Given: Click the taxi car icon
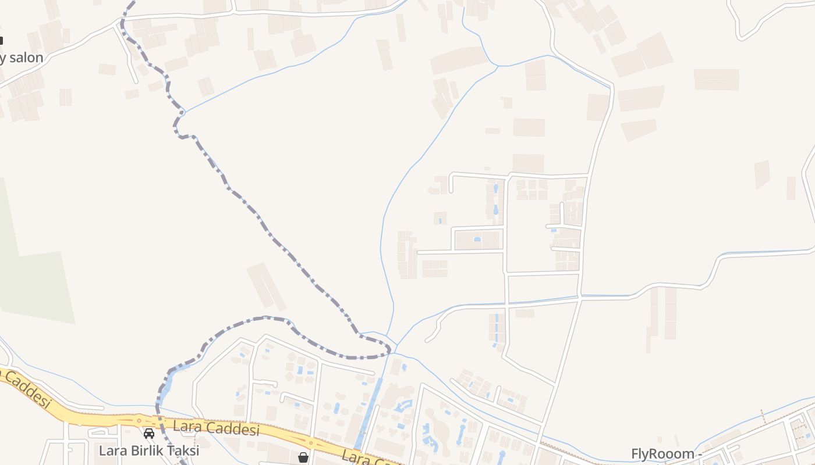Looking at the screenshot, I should (x=149, y=433).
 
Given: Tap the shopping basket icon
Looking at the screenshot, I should (x=303, y=457).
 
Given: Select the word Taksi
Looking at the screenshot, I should (x=184, y=450).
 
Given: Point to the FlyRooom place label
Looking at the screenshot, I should (x=662, y=453).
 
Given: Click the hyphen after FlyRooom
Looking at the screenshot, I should (x=700, y=454).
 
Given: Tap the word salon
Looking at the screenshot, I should (x=26, y=58).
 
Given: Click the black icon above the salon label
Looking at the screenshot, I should (x=1, y=40).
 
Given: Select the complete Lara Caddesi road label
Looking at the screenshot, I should (x=216, y=429).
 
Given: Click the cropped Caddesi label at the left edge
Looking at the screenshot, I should (x=27, y=391).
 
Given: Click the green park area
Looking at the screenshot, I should (x=35, y=285).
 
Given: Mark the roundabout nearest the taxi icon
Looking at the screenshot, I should (x=139, y=419).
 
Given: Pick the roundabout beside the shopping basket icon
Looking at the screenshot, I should (x=311, y=443).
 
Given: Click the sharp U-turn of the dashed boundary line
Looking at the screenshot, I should (x=388, y=349).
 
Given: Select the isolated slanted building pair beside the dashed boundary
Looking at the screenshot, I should (x=266, y=286).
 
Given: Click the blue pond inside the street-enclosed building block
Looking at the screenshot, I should (x=477, y=239).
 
